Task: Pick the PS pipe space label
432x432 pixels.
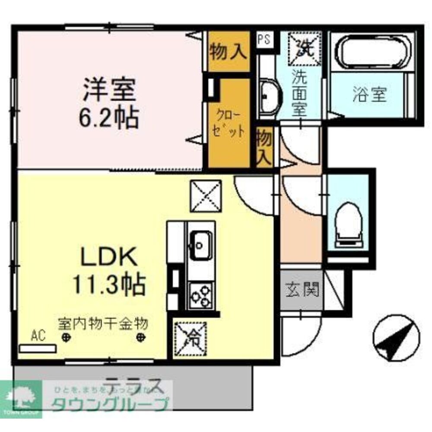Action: (x=264, y=40)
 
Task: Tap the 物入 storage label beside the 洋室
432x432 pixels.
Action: (x=229, y=52)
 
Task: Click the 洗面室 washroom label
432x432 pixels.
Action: (x=299, y=93)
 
